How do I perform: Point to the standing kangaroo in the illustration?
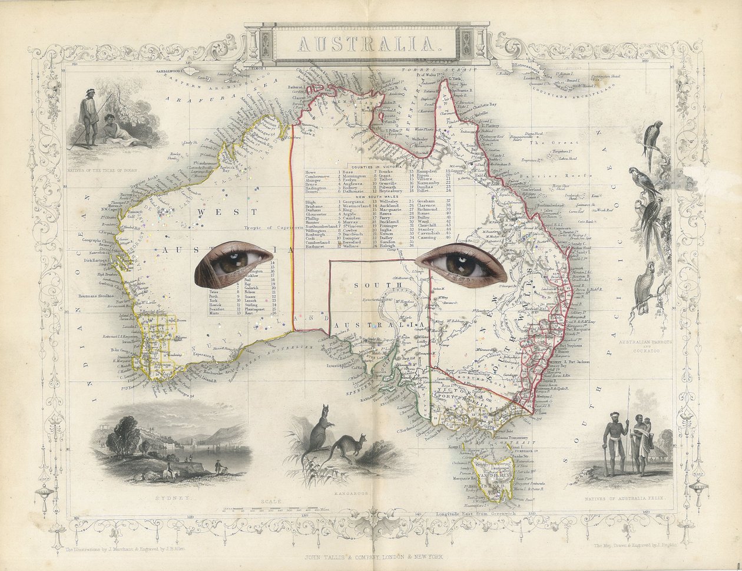pos(318,433)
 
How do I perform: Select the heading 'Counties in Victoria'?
pos(377,167)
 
